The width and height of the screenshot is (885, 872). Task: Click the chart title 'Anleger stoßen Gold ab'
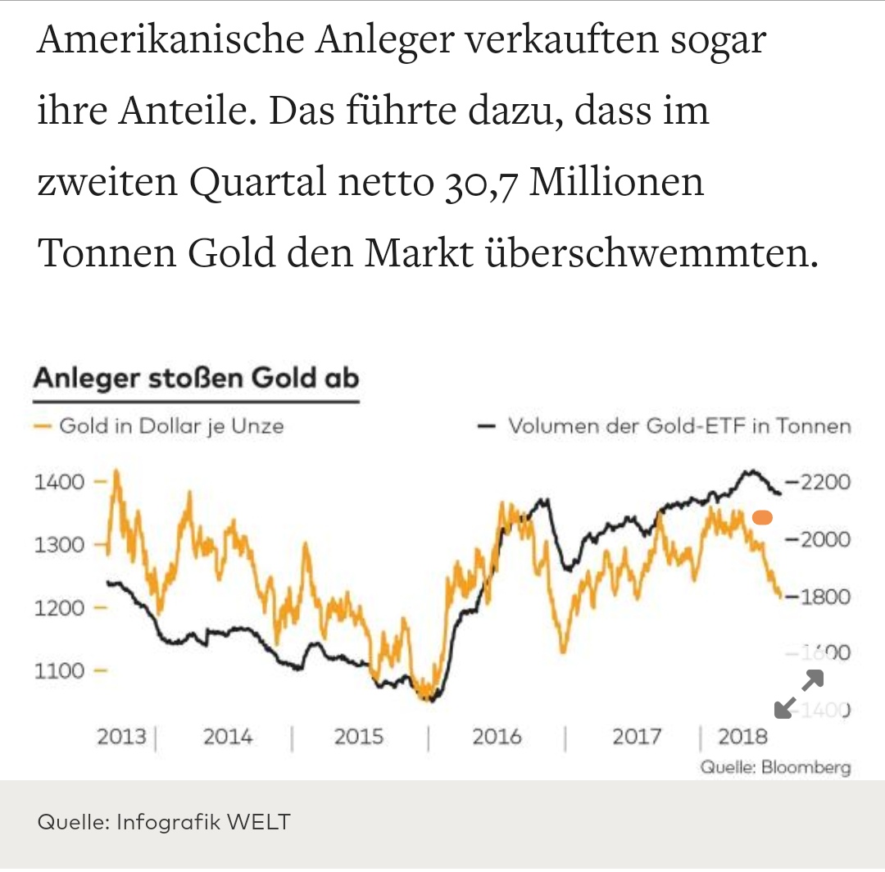pyautogui.click(x=197, y=379)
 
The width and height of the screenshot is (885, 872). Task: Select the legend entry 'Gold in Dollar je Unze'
pyautogui.click(x=171, y=426)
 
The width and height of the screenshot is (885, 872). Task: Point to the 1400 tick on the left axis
pyautogui.click(x=59, y=482)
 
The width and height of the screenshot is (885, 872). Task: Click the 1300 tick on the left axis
pyautogui.click(x=59, y=545)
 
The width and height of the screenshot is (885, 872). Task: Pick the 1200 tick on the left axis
pyautogui.click(x=59, y=608)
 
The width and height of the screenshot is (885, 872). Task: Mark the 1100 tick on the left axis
pyautogui.click(x=59, y=671)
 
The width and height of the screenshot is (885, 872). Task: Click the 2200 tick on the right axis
pyautogui.click(x=822, y=482)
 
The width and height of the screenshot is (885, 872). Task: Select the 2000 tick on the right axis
pyautogui.click(x=822, y=539)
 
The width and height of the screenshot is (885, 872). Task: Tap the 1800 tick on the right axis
pyautogui.click(x=822, y=597)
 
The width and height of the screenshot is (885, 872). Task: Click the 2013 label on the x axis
pyautogui.click(x=121, y=736)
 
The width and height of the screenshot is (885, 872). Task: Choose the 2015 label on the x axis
pyautogui.click(x=358, y=736)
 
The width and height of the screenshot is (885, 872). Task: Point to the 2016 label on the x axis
pyautogui.click(x=496, y=736)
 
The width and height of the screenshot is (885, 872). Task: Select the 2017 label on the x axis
pyautogui.click(x=636, y=736)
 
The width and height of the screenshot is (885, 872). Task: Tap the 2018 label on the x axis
pyautogui.click(x=742, y=736)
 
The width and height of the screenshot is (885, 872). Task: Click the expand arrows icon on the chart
pyautogui.click(x=798, y=694)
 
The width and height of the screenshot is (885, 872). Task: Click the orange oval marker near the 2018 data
pyautogui.click(x=762, y=517)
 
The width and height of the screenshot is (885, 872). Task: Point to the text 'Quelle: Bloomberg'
pyautogui.click(x=775, y=768)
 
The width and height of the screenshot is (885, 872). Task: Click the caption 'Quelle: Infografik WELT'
pyautogui.click(x=164, y=821)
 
